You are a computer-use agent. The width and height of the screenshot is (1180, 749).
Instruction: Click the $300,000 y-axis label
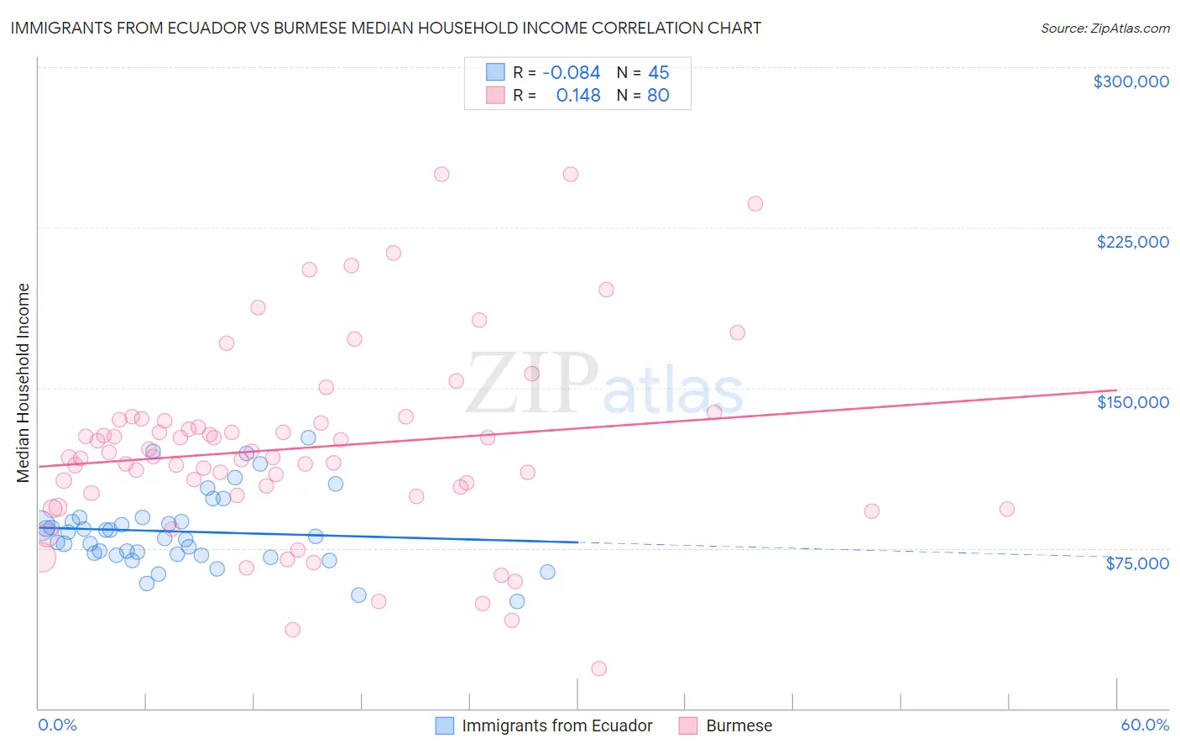[x=1130, y=81]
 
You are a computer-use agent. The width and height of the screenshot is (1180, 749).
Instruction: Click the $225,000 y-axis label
[x=1132, y=242]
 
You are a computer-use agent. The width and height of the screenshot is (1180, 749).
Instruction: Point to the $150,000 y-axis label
[x=1132, y=402]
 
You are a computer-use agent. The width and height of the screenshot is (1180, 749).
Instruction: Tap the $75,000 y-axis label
[x=1136, y=563]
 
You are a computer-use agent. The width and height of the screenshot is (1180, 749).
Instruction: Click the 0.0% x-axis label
[x=57, y=725]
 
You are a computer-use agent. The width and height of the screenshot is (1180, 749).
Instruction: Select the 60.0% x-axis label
[x=1145, y=725]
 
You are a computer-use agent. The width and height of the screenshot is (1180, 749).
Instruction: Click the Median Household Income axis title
[x=23, y=383]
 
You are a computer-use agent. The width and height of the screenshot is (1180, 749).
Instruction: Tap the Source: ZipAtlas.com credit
[x=1104, y=29]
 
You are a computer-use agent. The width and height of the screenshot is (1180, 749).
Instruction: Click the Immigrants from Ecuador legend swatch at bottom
[x=444, y=725]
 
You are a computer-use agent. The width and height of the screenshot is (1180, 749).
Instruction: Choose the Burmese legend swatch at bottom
[x=688, y=725]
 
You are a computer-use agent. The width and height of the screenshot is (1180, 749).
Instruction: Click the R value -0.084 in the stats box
[x=571, y=73]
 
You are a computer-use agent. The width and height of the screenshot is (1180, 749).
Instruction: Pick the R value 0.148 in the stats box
[x=578, y=96]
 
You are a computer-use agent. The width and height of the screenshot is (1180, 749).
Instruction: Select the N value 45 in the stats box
[x=659, y=73]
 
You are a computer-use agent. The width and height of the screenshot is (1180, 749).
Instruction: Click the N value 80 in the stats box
[x=658, y=96]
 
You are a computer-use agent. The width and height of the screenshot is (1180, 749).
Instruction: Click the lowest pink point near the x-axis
[x=598, y=668]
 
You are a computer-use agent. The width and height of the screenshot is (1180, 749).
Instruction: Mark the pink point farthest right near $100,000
[x=1006, y=509]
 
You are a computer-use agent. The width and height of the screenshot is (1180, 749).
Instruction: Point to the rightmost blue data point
[x=547, y=572]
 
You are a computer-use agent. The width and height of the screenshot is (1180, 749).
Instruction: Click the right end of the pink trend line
[x=1116, y=390]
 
